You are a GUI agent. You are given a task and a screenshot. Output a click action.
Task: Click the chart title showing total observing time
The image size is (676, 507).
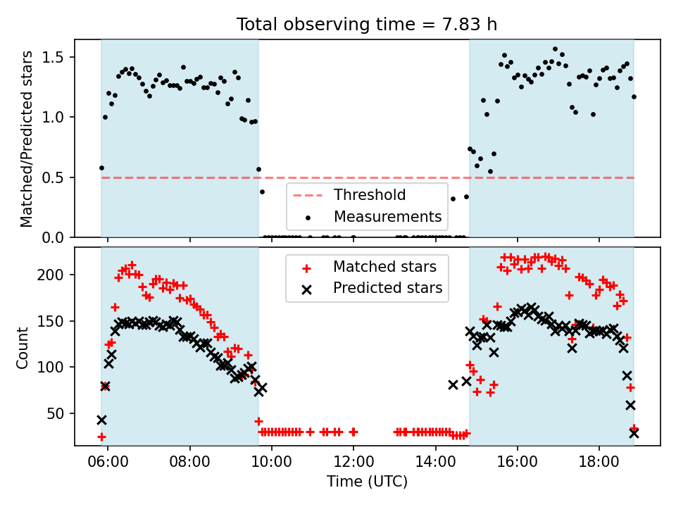[367, 25]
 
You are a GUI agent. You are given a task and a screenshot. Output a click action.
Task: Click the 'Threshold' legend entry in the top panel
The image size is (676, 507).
[370, 195]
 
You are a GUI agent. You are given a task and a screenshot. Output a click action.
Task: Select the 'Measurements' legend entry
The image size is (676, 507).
[387, 216]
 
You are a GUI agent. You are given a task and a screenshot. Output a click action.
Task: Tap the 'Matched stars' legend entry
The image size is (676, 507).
[384, 267]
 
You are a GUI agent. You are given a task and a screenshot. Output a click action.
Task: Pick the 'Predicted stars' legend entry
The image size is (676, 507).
[387, 288]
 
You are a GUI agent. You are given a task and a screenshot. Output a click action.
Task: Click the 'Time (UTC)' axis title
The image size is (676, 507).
[367, 482]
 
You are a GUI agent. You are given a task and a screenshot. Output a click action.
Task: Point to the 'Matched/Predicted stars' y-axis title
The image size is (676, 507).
[27, 139]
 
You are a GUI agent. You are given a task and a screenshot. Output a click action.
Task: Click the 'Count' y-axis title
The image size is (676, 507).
[23, 347]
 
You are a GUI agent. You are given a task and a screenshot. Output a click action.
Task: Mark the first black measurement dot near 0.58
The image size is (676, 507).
[101, 168]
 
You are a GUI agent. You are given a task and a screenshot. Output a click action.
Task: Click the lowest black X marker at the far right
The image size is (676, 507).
[634, 433]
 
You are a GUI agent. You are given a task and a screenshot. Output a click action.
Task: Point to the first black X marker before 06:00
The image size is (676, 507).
[101, 420]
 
